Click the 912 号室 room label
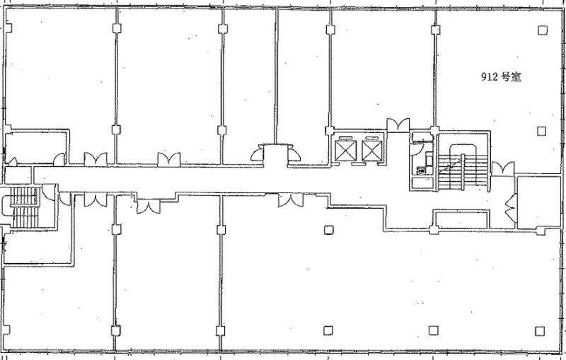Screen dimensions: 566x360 (x=501, y=77)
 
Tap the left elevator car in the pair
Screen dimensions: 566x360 (x=345, y=151)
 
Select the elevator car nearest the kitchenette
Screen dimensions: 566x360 (x=372, y=151)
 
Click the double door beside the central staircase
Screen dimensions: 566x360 (x=503, y=168)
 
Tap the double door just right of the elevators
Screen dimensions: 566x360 (x=398, y=124)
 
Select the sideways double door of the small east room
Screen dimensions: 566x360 (x=510, y=208)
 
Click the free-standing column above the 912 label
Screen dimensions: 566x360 (x=542, y=30)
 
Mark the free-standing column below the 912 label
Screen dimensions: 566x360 (x=541, y=131)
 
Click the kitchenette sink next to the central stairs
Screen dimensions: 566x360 (x=421, y=170)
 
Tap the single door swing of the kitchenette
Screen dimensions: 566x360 (x=417, y=149)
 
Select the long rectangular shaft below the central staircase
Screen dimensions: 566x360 (x=461, y=220)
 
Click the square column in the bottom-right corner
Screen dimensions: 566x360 (x=540, y=331)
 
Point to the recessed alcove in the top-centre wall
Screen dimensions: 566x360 (x=275, y=156)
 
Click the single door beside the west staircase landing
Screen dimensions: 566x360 (x=48, y=192)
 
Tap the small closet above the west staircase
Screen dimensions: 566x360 (x=18, y=175)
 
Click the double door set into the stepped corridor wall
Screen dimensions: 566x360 (x=149, y=207)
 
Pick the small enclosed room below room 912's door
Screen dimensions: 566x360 (x=538, y=202)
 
